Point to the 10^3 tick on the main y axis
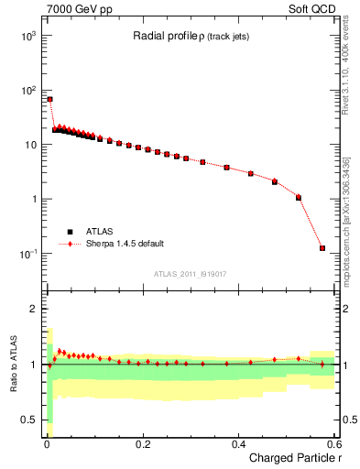click(28, 35)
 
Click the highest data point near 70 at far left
click(50, 99)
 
